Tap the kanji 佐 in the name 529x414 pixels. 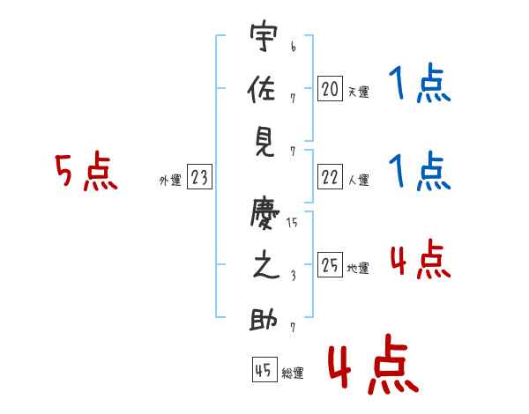(x=264, y=91)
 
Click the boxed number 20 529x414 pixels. (x=330, y=88)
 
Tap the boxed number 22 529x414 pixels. (x=330, y=177)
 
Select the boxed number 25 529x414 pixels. (x=330, y=264)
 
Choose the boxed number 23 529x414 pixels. (x=199, y=177)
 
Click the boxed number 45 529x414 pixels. (x=264, y=370)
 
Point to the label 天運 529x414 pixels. (x=358, y=91)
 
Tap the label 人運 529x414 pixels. (x=358, y=180)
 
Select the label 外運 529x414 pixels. (x=169, y=180)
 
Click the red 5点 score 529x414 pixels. (x=86, y=172)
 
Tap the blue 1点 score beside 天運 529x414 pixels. (x=420, y=85)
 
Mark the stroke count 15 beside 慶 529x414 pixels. (x=292, y=224)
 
